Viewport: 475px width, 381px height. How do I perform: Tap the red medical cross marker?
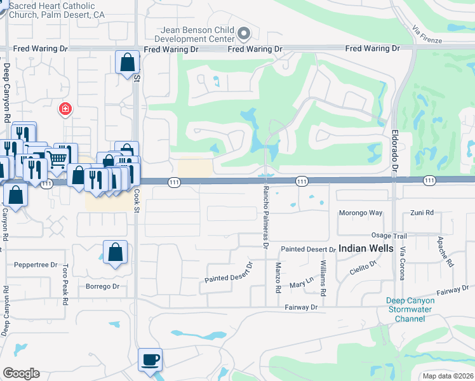click(x=65, y=110)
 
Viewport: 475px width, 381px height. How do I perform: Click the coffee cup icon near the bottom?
click(x=151, y=360)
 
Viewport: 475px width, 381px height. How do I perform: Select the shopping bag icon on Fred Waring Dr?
click(x=127, y=62)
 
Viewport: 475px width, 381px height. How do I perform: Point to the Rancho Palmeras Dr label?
click(x=266, y=215)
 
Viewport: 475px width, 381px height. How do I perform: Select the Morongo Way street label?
click(x=361, y=213)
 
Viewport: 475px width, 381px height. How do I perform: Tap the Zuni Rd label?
click(x=421, y=213)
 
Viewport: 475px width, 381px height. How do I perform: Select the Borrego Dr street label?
click(x=102, y=286)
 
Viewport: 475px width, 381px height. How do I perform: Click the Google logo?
click(x=21, y=373)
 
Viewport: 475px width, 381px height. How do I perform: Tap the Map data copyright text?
click(x=448, y=375)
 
